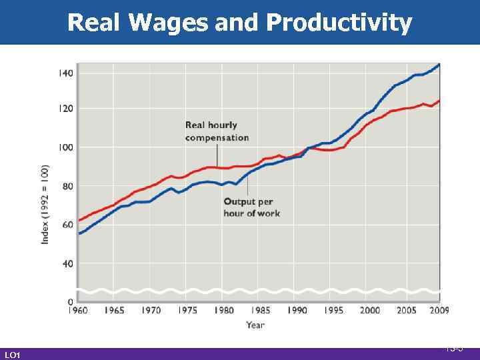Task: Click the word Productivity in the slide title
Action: point(339,23)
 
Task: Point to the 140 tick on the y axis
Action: point(66,72)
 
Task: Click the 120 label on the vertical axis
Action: point(66,108)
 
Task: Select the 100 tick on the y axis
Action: point(66,147)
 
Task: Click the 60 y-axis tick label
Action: point(68,225)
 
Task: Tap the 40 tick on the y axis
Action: point(68,263)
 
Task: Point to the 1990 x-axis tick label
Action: point(297,310)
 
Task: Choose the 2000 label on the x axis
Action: point(369,310)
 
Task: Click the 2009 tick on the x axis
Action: point(438,310)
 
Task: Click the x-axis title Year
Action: point(255,325)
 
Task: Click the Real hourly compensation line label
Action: point(217,131)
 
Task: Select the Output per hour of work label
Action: point(251,207)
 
